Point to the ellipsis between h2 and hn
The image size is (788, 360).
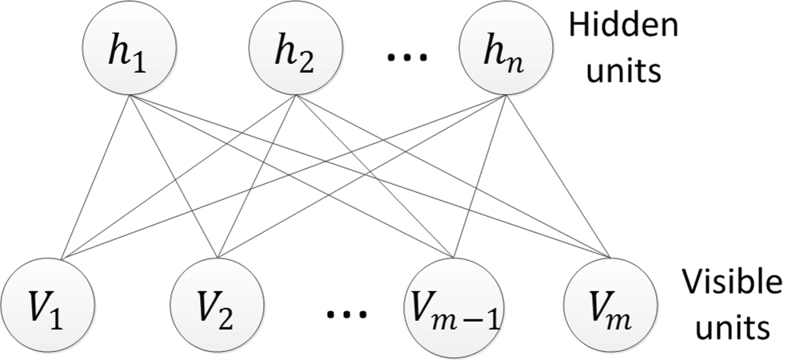[406, 58]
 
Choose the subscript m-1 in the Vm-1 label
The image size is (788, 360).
[471, 313]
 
